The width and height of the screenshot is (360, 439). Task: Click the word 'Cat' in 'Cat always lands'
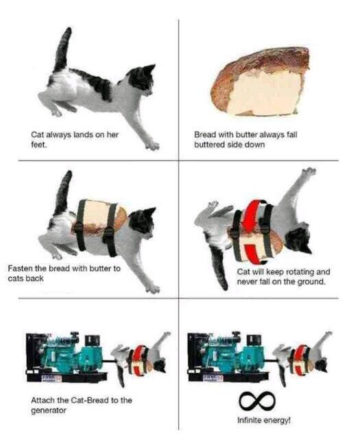[x=38, y=134]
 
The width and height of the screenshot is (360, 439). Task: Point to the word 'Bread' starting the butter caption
[x=206, y=134]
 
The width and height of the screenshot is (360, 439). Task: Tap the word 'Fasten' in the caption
[x=22, y=268]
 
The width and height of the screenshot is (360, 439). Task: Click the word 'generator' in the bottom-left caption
[x=52, y=410]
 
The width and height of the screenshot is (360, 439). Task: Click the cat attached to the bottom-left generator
[x=142, y=357]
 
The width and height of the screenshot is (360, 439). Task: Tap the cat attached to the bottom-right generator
[x=306, y=357]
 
